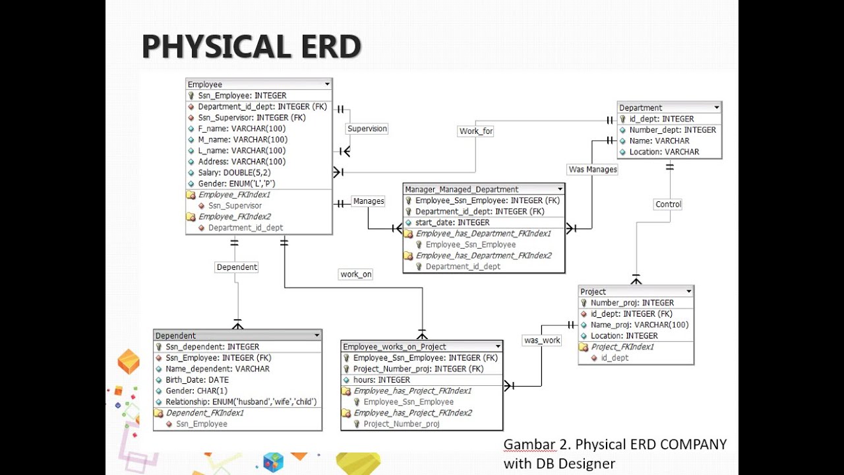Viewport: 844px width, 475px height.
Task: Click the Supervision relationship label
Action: click(x=367, y=129)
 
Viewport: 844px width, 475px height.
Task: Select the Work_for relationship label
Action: click(x=476, y=131)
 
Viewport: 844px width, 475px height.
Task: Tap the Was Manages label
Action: click(x=593, y=170)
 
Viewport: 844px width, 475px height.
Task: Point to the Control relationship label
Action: click(x=668, y=205)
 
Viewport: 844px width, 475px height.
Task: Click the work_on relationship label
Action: click(x=355, y=274)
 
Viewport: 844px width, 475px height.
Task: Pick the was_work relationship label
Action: click(x=542, y=340)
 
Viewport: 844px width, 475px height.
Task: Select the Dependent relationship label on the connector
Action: click(x=237, y=267)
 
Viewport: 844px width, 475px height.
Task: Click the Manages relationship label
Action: click(x=369, y=201)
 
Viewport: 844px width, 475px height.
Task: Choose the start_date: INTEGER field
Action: click(x=452, y=222)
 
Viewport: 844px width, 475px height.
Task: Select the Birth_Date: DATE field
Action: click(x=197, y=380)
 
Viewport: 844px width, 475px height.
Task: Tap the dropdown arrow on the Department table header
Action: click(x=717, y=108)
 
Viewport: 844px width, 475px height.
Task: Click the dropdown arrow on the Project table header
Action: click(x=688, y=292)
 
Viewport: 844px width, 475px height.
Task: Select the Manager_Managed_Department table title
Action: click(x=462, y=189)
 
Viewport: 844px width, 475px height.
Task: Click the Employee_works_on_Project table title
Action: click(x=394, y=347)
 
